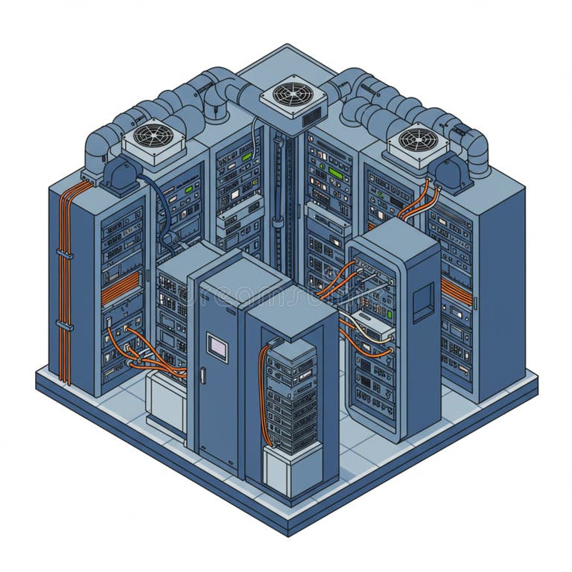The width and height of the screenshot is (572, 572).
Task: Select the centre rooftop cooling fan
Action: click(288, 95)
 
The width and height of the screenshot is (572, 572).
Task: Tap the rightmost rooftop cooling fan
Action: click(418, 139)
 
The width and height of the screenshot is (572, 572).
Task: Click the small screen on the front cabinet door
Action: click(217, 346)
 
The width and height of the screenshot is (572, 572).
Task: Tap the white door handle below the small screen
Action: click(203, 375)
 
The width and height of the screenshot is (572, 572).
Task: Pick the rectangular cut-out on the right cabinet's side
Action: click(422, 302)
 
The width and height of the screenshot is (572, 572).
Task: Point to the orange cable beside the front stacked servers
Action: click(261, 387)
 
